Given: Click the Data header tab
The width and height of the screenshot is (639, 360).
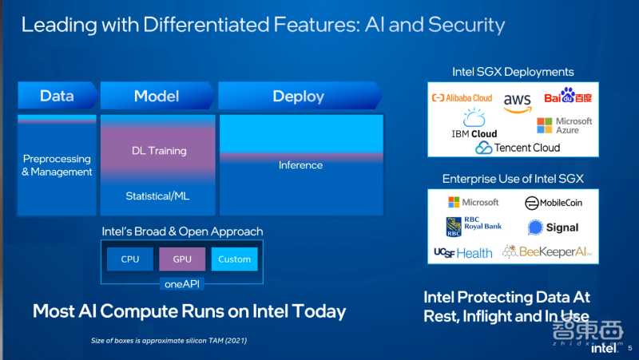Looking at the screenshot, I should coord(57,97).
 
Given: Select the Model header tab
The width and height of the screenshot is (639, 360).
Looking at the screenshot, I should coord(157,97).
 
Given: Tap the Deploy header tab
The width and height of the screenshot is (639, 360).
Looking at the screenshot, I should coord(299,97).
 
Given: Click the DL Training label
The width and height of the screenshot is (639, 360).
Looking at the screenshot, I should coord(159,151).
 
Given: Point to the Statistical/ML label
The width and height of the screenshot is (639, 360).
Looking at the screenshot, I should coord(157,196).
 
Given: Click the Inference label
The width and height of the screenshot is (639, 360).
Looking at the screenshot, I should coord(300,165).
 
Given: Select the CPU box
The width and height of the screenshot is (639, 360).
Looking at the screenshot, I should coord(130,259).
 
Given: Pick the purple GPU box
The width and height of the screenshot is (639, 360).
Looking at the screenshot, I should coord(182,259).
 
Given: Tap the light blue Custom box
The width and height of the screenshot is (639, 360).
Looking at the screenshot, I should coord(235,259).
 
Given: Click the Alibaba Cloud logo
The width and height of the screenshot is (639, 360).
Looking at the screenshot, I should coord(462,98).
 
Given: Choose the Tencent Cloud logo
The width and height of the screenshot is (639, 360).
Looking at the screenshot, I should coord(518,148).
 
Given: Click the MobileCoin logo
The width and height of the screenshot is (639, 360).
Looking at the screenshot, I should coord(554,203).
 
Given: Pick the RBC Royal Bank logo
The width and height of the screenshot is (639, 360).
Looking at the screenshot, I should coord(474,227).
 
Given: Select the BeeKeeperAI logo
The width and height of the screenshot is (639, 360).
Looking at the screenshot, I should coord(546,252).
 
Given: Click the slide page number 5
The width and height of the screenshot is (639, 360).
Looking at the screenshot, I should coord(629,347).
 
